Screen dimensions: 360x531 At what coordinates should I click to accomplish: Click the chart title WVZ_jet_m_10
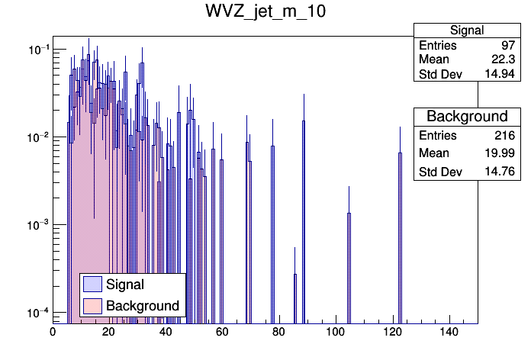265,12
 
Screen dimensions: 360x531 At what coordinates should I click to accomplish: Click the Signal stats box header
466,31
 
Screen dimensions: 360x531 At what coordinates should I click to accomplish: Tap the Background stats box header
466,117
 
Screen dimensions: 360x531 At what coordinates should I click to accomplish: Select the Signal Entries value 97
507,46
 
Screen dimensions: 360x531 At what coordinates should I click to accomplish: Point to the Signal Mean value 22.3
503,60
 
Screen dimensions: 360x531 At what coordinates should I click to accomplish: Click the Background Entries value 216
504,136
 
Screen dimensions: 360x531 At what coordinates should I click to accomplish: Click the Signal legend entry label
126,285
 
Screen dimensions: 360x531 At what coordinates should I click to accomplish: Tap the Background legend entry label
143,306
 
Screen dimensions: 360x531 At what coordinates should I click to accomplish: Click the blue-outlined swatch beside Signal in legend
92,285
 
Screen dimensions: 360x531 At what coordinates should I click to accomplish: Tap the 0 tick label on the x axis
53,333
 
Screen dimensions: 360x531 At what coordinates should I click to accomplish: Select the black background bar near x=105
349,267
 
